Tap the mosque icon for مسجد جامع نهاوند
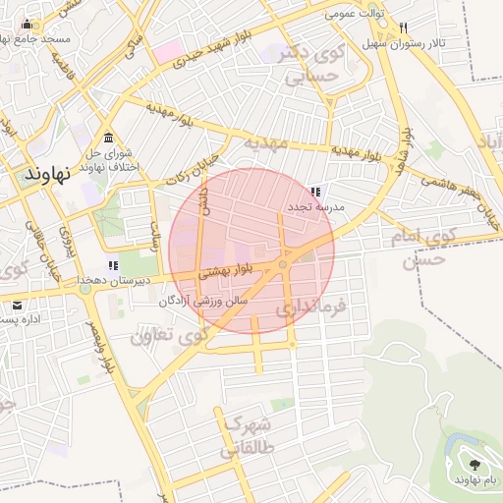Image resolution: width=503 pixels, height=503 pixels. point(27,25)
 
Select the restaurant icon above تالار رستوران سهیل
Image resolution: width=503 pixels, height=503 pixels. point(403,29)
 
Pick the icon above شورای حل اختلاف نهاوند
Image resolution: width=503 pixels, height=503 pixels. point(107,138)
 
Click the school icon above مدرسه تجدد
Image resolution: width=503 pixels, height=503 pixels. point(314,192)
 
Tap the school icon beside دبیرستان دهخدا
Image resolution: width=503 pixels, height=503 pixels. point(113,265)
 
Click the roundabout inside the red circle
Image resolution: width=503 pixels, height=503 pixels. point(283,264)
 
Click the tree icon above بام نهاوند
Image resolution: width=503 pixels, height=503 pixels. point(475,463)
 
